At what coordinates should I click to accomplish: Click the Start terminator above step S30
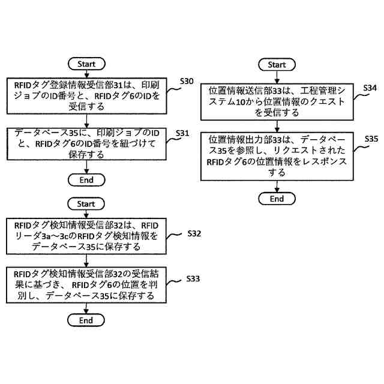click(86, 64)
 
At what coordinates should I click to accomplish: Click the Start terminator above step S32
click(86, 204)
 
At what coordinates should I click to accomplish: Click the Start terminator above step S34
click(277, 65)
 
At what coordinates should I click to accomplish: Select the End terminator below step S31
click(86, 180)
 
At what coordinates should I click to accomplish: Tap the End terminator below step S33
click(86, 320)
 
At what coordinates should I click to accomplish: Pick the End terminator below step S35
click(277, 199)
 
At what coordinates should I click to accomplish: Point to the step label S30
click(187, 82)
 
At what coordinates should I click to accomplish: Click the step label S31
click(182, 133)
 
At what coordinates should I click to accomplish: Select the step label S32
click(194, 233)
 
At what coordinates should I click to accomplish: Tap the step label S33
click(193, 278)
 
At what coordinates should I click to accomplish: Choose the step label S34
click(370, 88)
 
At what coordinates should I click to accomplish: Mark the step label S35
click(371, 139)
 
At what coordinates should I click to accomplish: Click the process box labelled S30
click(86, 96)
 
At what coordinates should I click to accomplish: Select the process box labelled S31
click(86, 144)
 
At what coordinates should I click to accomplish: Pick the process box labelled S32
click(86, 236)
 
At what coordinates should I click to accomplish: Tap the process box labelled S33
click(86, 285)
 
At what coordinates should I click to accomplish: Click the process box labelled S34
click(277, 102)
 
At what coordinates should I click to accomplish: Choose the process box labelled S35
click(277, 157)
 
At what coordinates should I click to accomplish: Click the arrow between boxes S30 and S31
click(86, 121)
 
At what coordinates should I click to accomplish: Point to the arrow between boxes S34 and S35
click(277, 126)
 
